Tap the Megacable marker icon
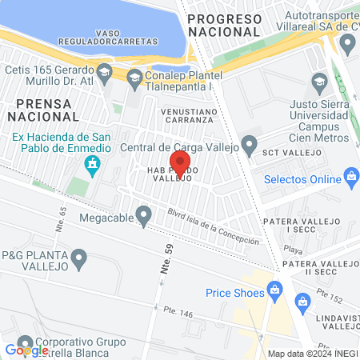click(x=144, y=214)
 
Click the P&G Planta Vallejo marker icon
click(x=78, y=258)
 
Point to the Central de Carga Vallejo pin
click(x=249, y=146)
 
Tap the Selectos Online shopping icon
click(x=350, y=177)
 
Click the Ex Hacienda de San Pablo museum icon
click(x=93, y=166)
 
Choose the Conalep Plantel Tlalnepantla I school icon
click(x=134, y=76)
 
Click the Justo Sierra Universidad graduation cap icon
click(x=319, y=82)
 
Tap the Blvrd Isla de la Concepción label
click(x=214, y=227)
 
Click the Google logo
click(x=27, y=350)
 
